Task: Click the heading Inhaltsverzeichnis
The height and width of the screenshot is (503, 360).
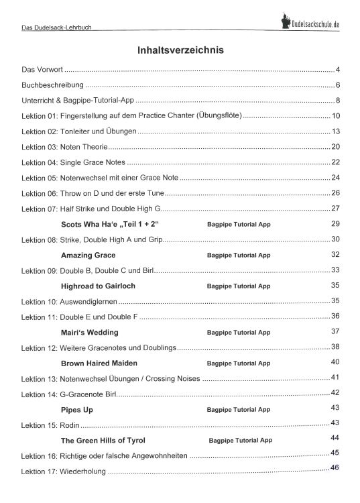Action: [180, 50]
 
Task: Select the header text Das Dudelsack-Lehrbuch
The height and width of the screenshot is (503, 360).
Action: [56, 28]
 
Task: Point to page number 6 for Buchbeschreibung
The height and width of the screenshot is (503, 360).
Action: [339, 85]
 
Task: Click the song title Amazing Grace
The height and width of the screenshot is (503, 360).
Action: [88, 256]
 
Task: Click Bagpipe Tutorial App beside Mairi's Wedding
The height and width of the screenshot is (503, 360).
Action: [239, 333]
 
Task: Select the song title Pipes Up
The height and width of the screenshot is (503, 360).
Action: [76, 408]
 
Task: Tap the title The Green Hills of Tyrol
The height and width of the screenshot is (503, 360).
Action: [103, 441]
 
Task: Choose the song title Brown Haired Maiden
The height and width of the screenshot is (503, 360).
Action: [99, 363]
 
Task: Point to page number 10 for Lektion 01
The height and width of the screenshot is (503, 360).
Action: [336, 116]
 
